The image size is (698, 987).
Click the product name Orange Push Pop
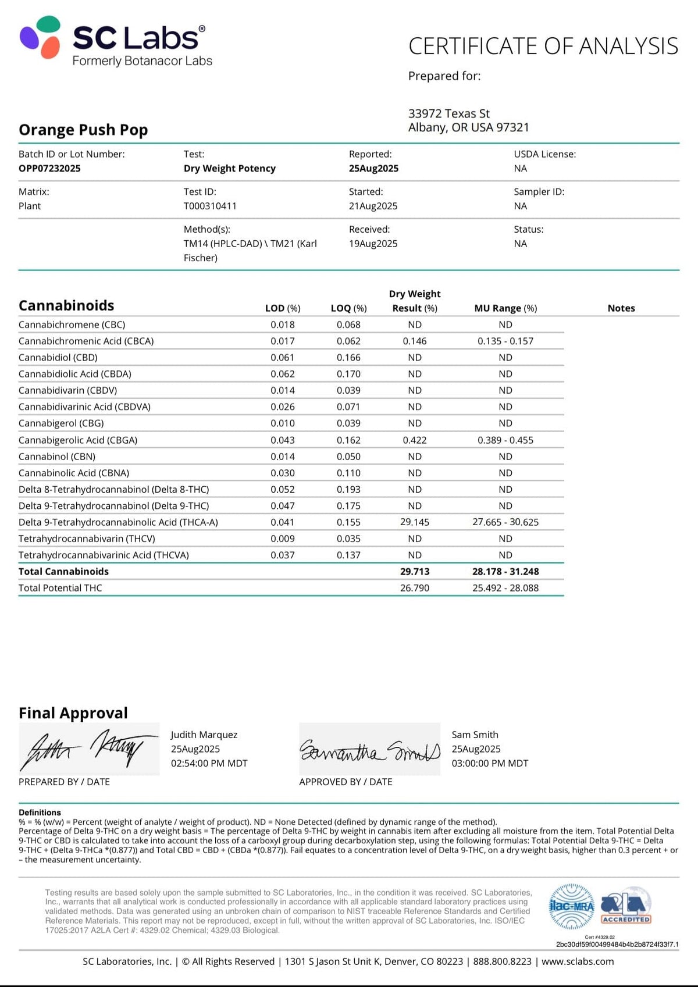click(x=83, y=130)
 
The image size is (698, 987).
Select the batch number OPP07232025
click(x=49, y=168)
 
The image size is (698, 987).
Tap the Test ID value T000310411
click(x=210, y=206)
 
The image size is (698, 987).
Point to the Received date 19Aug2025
click(x=373, y=244)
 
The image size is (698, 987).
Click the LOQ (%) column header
click(x=348, y=308)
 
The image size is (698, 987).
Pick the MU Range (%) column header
click(x=505, y=308)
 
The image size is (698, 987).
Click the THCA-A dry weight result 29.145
click(x=415, y=522)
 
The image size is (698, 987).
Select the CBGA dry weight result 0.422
click(x=415, y=440)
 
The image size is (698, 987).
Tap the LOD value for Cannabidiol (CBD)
click(x=283, y=358)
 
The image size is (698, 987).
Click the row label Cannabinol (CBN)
click(x=57, y=457)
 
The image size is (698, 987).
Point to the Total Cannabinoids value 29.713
click(x=415, y=572)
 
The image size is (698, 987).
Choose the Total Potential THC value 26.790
click(x=415, y=588)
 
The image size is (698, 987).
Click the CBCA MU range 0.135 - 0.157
click(x=505, y=341)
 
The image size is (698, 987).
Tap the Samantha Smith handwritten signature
click(x=369, y=750)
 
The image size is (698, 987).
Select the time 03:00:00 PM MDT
click(x=490, y=763)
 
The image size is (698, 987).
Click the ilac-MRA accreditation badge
click(x=572, y=906)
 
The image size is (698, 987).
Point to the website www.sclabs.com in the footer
click(x=578, y=961)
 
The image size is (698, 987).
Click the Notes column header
click(x=621, y=308)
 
